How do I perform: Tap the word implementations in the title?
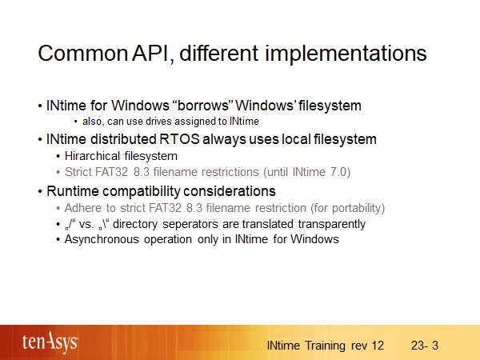(x=345, y=55)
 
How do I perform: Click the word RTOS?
(x=171, y=139)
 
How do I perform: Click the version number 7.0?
(x=339, y=172)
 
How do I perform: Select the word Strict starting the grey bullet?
(x=79, y=172)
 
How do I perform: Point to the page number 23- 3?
(x=425, y=346)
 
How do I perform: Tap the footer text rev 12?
(x=367, y=346)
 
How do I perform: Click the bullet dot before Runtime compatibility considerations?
(x=40, y=192)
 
